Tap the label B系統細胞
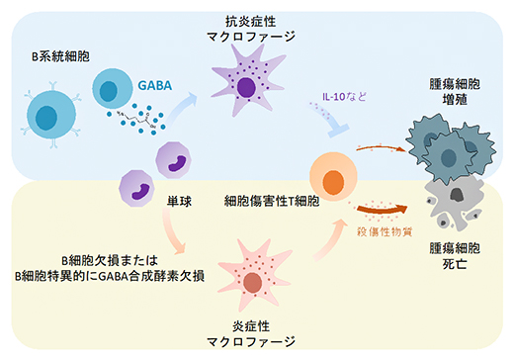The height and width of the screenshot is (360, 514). coord(61,57)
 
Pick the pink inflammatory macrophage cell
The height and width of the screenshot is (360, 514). coord(255,280)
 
